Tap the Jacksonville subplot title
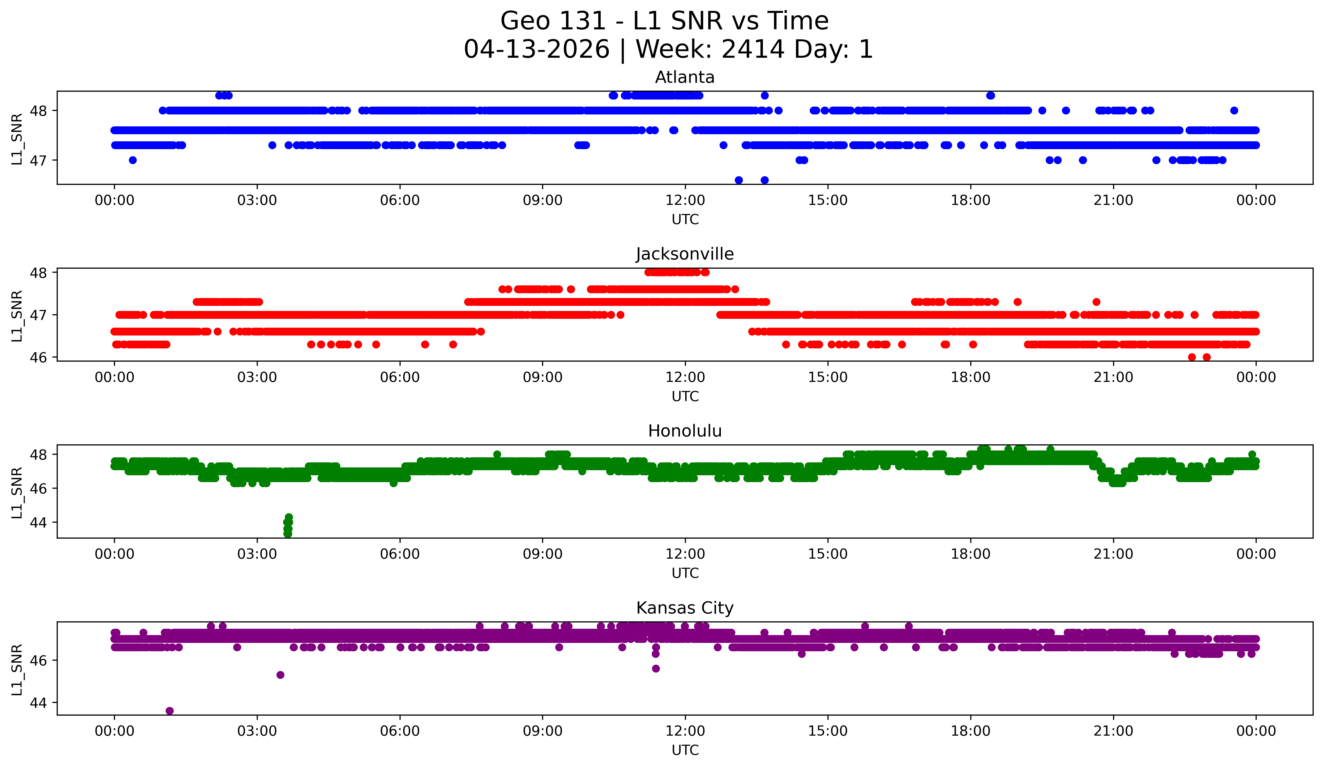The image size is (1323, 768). click(x=685, y=254)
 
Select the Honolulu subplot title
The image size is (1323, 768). click(x=685, y=431)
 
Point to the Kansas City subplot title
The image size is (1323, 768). click(x=685, y=608)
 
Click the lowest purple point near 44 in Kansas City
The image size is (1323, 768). click(x=170, y=711)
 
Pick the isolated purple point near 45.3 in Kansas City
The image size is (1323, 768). click(x=280, y=675)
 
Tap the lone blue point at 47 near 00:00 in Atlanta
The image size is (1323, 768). click(x=133, y=160)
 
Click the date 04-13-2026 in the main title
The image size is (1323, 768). click(x=537, y=49)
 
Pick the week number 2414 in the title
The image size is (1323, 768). click(x=753, y=49)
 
